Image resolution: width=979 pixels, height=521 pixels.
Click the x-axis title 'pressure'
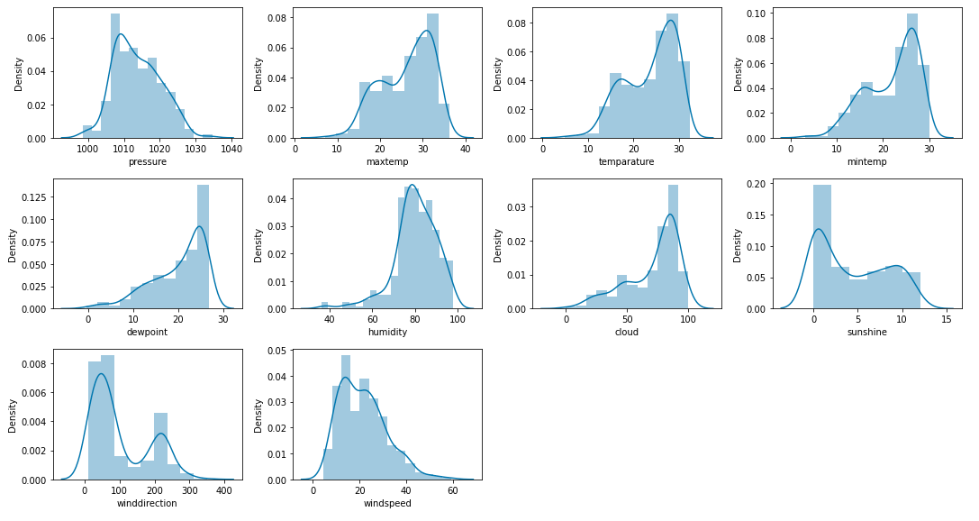coord(148,161)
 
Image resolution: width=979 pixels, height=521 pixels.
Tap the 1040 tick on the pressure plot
coord(231,149)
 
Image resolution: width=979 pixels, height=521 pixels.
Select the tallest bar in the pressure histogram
coord(115,77)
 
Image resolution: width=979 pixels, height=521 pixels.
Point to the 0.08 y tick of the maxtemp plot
coord(277,18)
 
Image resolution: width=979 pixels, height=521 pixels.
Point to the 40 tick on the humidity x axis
coord(329,319)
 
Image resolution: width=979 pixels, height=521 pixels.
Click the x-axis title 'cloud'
coord(627,332)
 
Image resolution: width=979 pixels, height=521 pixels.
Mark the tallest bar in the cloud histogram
coord(673,247)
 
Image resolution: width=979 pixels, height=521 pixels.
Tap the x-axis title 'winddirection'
coord(147,502)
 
